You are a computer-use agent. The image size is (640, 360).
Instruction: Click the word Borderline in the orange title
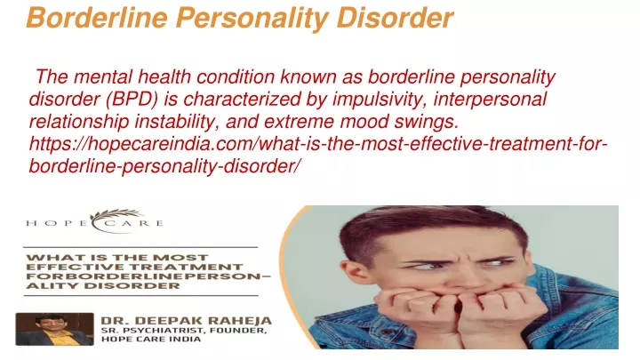coord(97,19)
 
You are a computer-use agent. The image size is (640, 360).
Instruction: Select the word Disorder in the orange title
coord(395,19)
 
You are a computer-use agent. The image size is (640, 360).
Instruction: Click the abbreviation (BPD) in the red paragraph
coord(132,100)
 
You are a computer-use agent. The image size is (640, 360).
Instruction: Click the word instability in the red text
coord(177,122)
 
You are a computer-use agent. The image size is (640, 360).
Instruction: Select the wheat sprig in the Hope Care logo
coord(116,216)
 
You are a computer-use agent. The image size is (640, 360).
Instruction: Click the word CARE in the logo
coord(136,223)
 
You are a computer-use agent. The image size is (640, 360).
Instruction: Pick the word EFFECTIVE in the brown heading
coord(71,268)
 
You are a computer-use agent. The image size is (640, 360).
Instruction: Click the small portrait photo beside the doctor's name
coord(55,330)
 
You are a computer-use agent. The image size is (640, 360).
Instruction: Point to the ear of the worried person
coord(349,276)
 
